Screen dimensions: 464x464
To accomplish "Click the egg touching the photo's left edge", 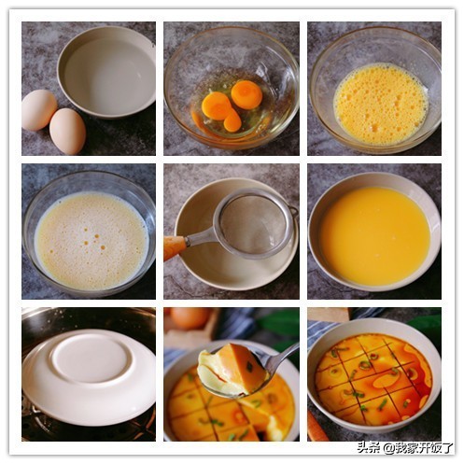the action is [x=38, y=110].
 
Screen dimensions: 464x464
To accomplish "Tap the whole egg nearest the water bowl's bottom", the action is [x=67, y=131].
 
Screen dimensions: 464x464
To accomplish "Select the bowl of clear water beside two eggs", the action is [x=106, y=72].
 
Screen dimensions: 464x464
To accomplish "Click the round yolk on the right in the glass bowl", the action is [x=246, y=94].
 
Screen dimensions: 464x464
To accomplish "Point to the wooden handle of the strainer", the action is [x=175, y=246].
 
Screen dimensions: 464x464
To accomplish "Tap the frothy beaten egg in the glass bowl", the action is [x=381, y=103].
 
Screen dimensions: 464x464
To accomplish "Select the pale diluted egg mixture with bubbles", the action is [x=91, y=240].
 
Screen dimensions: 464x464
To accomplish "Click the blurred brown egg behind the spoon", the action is [x=189, y=318].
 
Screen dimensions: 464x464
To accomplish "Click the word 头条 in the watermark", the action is [x=369, y=448].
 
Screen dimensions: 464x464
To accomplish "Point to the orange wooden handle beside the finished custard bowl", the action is [x=317, y=427].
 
